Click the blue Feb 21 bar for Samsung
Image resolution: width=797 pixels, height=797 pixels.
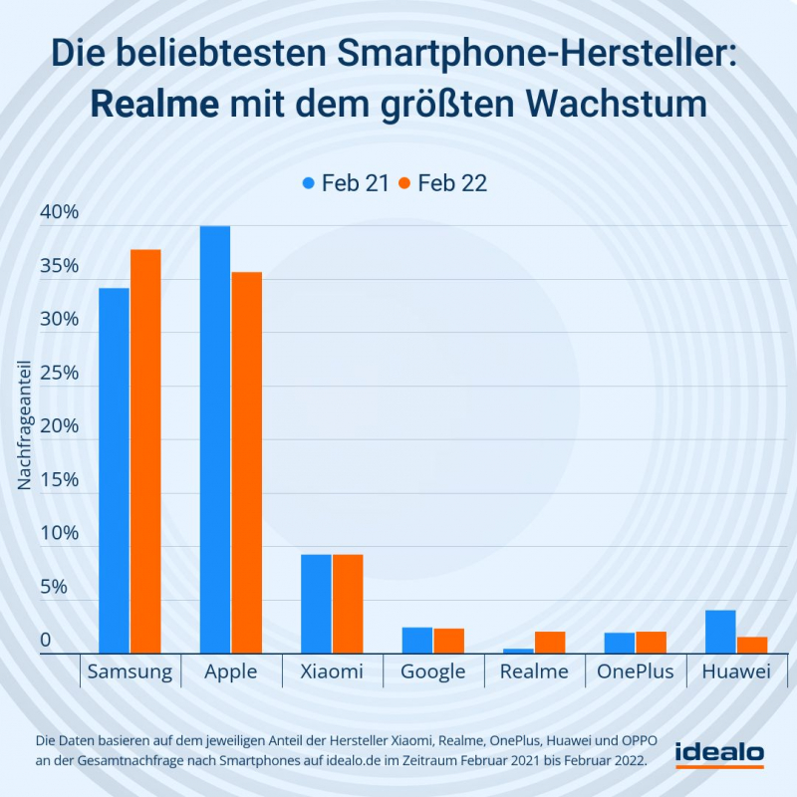114,470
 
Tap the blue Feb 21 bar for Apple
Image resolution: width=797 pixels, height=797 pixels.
215,439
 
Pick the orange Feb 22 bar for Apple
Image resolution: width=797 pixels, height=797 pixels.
246,462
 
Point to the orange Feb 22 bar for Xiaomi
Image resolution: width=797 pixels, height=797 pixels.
348,604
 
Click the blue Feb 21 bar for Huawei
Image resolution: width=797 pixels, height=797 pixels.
720,632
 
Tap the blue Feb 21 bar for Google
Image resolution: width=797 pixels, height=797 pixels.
417,641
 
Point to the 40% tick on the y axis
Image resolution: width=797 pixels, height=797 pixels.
58,213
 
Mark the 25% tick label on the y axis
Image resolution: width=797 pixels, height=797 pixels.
58,374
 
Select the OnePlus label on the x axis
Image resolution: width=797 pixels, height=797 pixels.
635,671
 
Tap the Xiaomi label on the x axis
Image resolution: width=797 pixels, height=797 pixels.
332,671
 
